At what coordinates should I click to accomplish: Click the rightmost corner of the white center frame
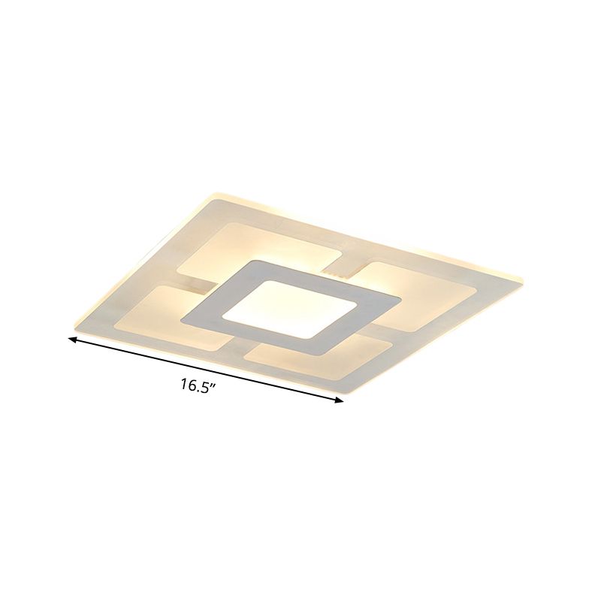coord(399,300)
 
